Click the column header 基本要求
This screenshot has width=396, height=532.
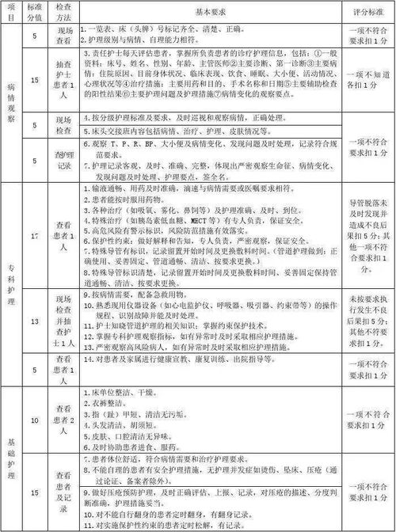click(208, 13)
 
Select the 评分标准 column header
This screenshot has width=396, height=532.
click(367, 13)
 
